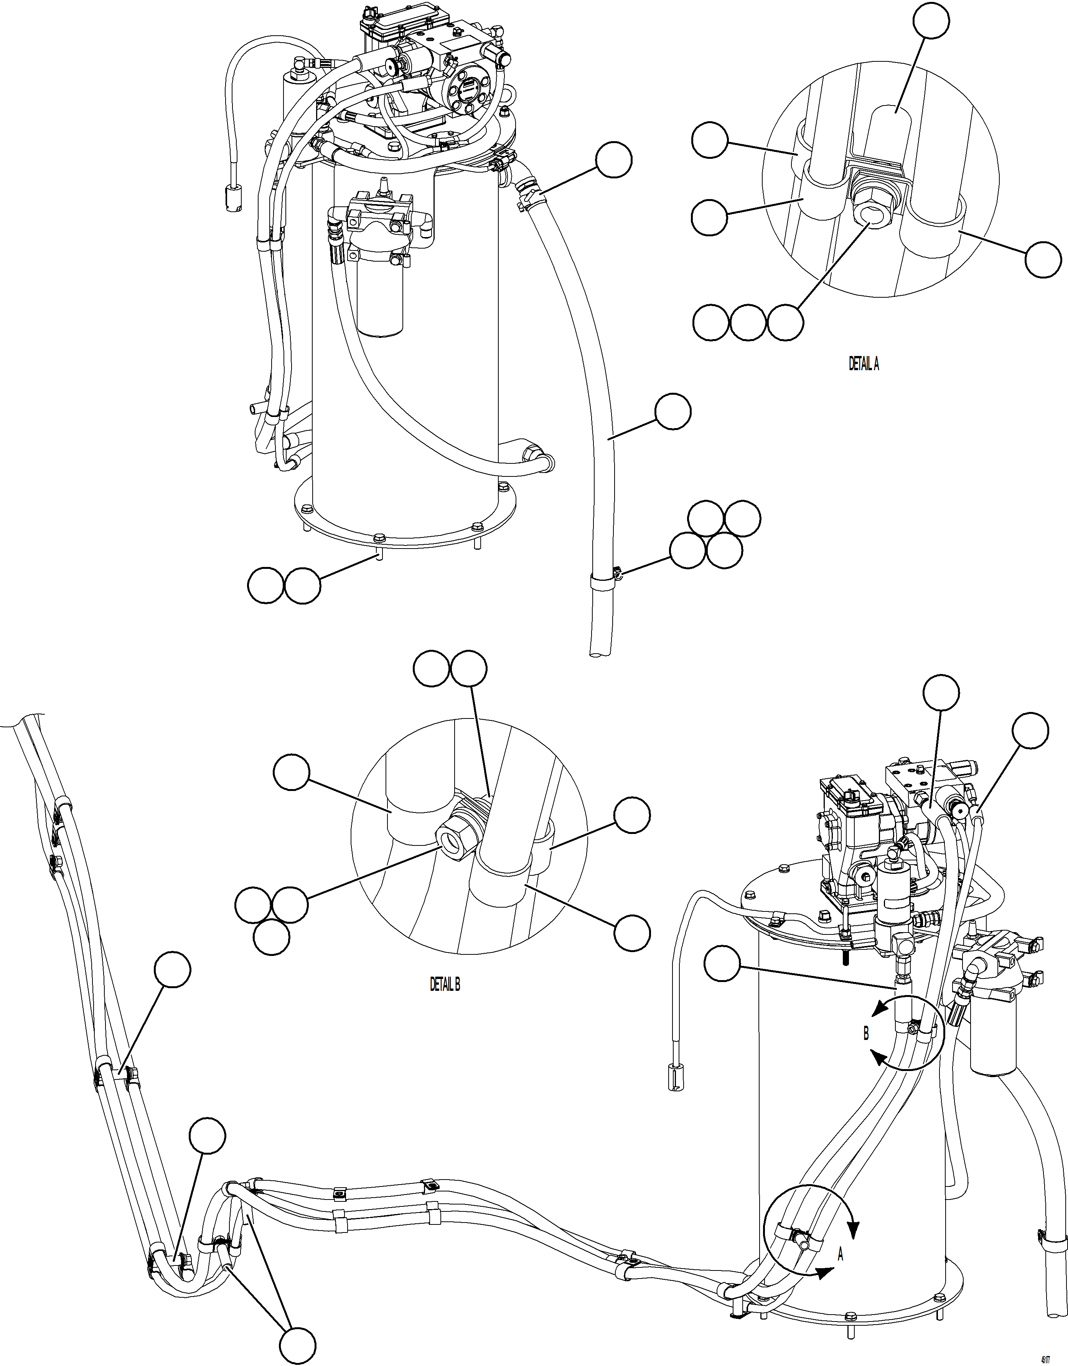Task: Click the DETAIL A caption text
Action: click(864, 364)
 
